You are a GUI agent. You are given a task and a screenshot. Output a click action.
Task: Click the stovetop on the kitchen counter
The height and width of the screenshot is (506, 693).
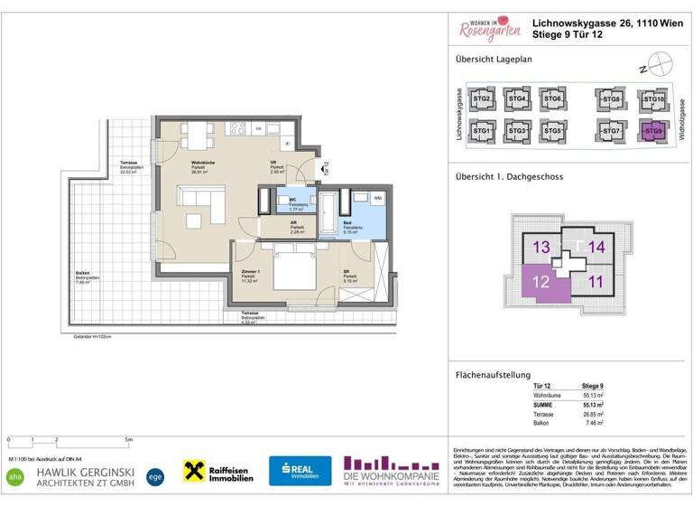(x=240, y=131)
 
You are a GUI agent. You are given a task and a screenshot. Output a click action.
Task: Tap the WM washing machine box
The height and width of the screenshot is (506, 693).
(x=377, y=198)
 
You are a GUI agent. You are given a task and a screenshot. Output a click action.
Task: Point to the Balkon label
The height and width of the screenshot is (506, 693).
(x=82, y=276)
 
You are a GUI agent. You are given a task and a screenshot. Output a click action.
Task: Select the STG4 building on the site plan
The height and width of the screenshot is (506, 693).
(x=516, y=99)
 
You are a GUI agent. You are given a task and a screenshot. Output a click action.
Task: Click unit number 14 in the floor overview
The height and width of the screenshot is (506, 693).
(x=596, y=246)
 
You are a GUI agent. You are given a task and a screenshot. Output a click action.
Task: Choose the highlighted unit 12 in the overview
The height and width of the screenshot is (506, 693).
(x=541, y=282)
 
